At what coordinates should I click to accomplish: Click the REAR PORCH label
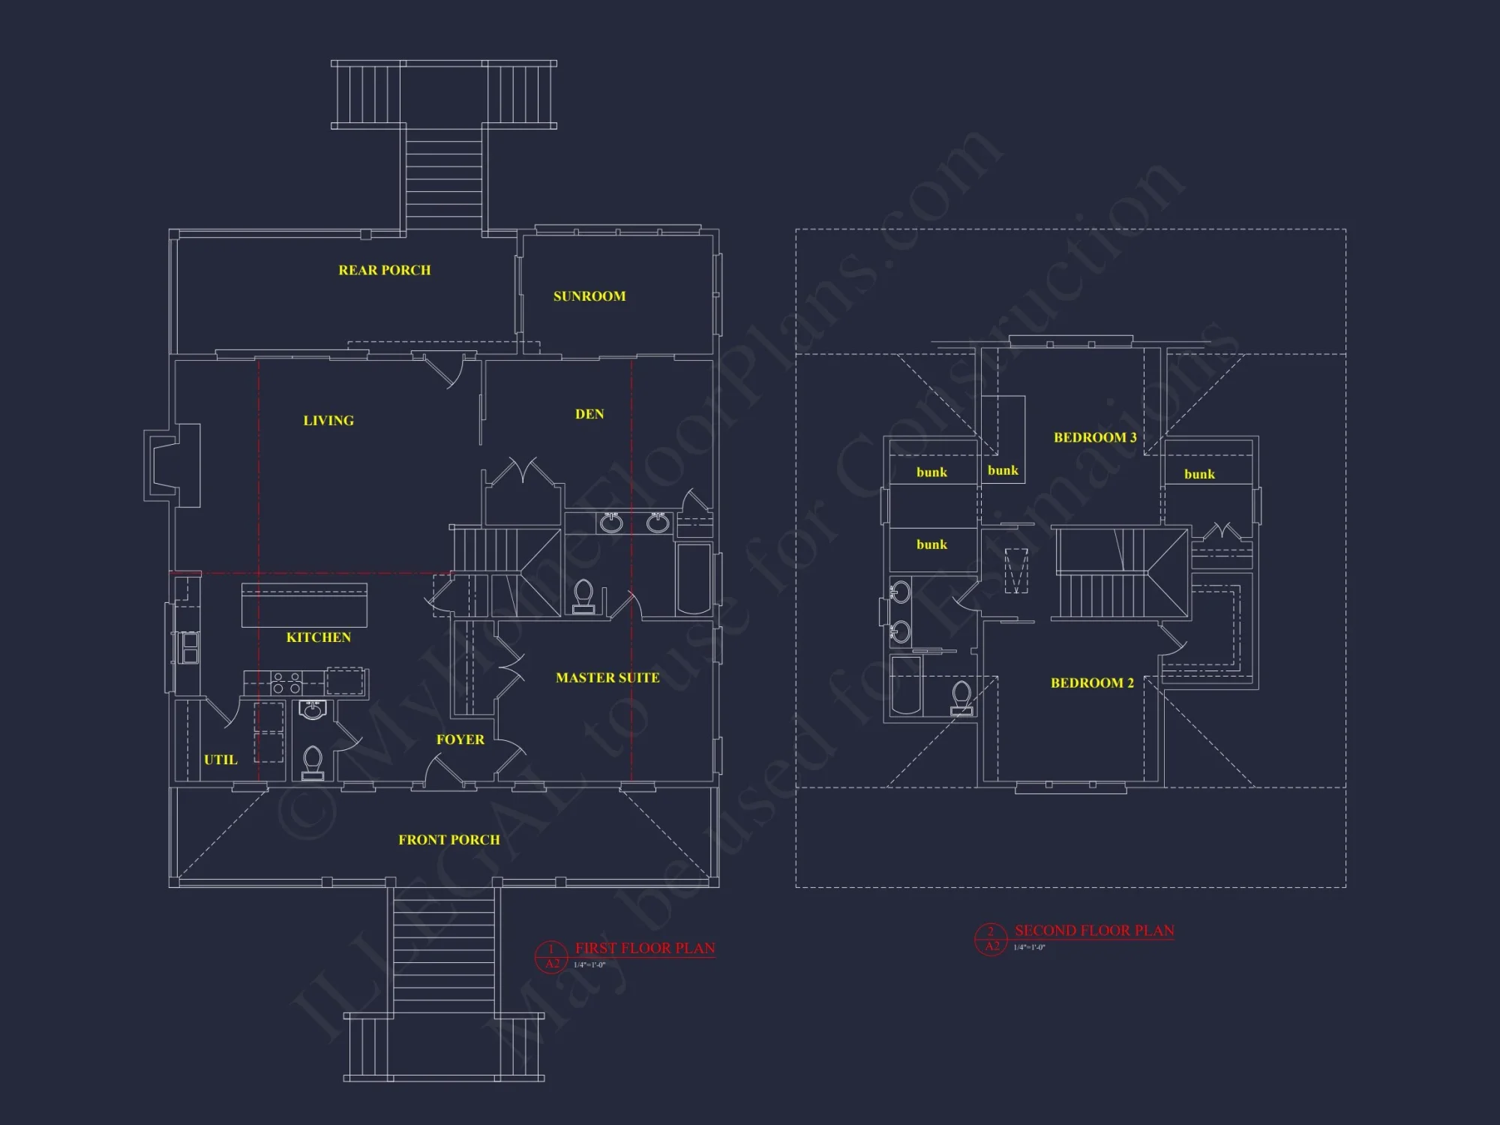[384, 270]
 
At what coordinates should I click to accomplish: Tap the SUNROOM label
[589, 296]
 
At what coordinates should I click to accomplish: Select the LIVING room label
[328, 421]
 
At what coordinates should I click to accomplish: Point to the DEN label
[589, 414]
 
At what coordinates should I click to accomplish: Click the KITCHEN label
[318, 637]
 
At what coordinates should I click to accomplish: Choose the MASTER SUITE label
[607, 678]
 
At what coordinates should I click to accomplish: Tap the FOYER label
[460, 739]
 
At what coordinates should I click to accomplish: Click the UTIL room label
[220, 760]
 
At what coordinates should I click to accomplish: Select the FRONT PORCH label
[448, 840]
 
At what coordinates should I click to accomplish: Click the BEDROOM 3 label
[1095, 437]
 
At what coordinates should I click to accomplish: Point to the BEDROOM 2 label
[1092, 683]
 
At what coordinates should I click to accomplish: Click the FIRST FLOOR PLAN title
[644, 948]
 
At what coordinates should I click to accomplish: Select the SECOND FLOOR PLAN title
[1094, 931]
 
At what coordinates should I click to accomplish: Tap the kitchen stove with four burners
[286, 682]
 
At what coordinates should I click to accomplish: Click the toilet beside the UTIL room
[313, 761]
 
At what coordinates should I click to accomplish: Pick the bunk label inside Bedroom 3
[1003, 470]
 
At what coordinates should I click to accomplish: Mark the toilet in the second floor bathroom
[961, 697]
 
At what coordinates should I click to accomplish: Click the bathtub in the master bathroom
[694, 579]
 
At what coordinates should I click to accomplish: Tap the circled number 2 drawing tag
[991, 932]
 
